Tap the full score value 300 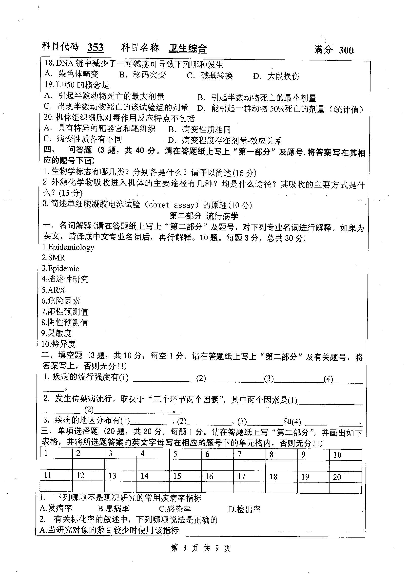tap(346, 50)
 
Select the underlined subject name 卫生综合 tap(188, 48)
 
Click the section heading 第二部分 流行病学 tap(204, 216)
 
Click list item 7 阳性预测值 tap(65, 312)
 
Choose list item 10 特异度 tap(58, 344)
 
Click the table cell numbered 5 tap(185, 454)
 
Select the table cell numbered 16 tap(217, 476)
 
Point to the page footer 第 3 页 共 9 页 tap(200, 548)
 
